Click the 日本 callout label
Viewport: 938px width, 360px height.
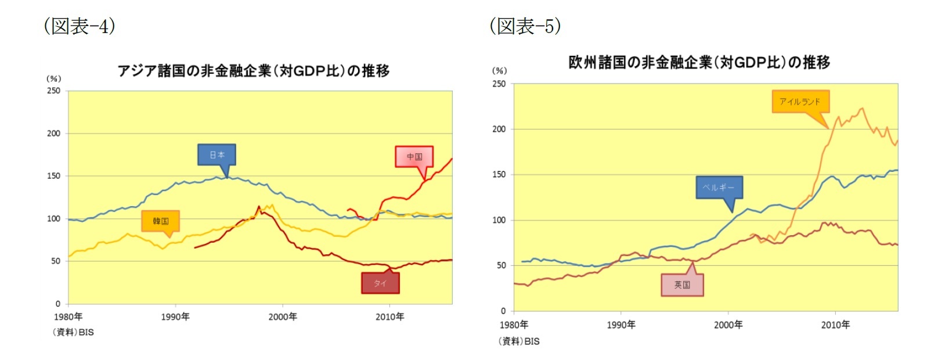coord(217,155)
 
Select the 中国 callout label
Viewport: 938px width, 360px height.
coord(414,157)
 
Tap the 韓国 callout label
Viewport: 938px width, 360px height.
coord(161,221)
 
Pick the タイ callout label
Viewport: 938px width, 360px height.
coord(380,283)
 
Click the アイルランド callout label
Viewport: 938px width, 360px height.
coord(800,102)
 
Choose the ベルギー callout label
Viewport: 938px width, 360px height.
coord(719,188)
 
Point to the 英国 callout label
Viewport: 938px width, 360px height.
coord(682,285)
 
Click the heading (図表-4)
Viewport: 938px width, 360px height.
coord(80,26)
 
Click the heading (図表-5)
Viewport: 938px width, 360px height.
coord(525,26)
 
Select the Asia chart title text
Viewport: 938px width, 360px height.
coord(253,71)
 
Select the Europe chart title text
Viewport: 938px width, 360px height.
coord(699,62)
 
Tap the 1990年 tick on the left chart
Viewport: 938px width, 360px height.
coord(175,317)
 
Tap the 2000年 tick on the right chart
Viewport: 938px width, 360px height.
coord(728,325)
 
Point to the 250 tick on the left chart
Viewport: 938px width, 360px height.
coord(53,91)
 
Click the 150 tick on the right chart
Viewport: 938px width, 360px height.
coord(499,175)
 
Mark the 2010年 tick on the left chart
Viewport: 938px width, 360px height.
coord(389,317)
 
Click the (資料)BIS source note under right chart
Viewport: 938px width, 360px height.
coord(518,341)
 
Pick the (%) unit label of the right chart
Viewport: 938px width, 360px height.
coord(499,71)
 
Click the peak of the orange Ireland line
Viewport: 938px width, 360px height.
coord(861,108)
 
